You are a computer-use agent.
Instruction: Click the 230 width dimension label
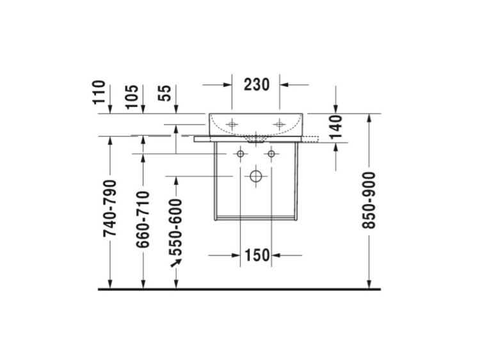tap(257, 84)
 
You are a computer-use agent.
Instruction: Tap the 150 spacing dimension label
tap(257, 255)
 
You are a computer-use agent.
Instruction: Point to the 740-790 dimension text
tap(110, 208)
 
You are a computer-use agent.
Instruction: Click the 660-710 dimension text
tap(143, 219)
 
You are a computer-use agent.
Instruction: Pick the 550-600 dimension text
tap(176, 227)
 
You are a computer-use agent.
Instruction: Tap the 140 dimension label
tap(336, 127)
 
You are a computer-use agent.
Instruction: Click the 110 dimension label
tap(99, 92)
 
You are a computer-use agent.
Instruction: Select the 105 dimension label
tap(132, 97)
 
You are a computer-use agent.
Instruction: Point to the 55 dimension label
tap(165, 93)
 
